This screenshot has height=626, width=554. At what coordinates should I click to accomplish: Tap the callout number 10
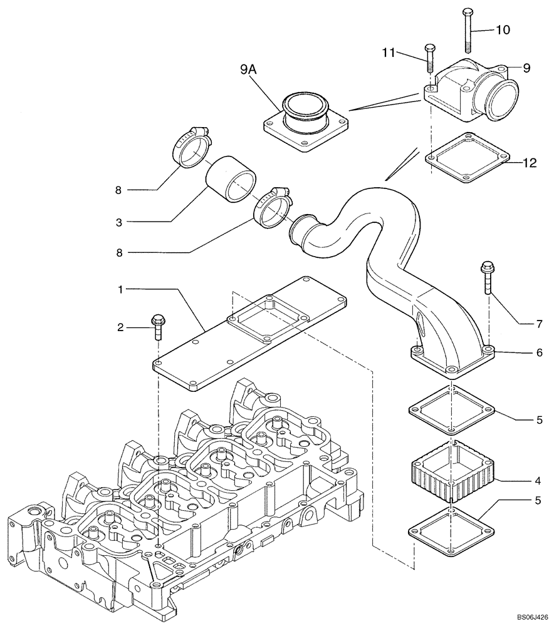[503, 29]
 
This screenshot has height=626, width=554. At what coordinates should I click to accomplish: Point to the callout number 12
[530, 163]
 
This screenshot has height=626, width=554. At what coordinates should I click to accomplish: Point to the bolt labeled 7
[487, 279]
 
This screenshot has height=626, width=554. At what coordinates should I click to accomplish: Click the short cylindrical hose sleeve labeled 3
[231, 182]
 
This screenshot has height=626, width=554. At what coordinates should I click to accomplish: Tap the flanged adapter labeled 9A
[306, 122]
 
